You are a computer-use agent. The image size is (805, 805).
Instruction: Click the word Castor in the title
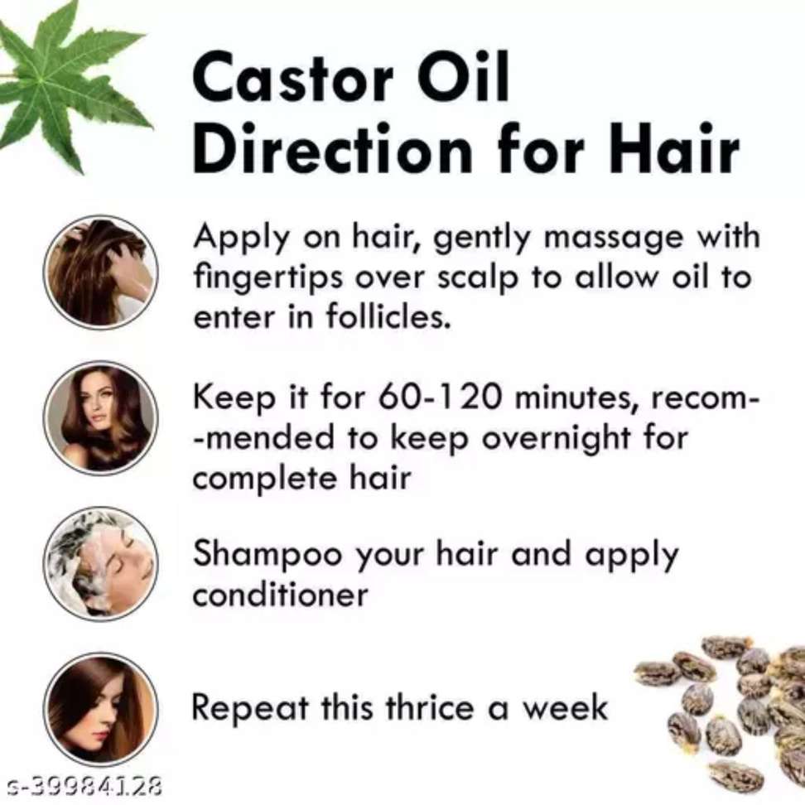tap(293, 78)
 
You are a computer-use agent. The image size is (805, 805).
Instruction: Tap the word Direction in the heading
tap(332, 148)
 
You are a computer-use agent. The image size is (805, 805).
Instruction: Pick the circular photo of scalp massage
tap(101, 272)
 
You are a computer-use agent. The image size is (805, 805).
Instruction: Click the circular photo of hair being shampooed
tap(101, 563)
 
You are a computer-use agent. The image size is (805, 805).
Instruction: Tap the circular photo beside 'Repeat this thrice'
tap(101, 709)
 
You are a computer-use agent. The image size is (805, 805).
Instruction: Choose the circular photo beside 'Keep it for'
tap(101, 417)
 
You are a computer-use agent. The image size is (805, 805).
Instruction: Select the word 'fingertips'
tap(268, 277)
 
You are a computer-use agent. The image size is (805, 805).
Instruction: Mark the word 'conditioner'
tap(280, 595)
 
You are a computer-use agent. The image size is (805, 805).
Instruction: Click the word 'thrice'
tap(430, 707)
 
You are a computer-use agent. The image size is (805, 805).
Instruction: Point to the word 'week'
tap(565, 707)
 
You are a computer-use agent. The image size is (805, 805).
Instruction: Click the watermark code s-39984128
tap(82, 786)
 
